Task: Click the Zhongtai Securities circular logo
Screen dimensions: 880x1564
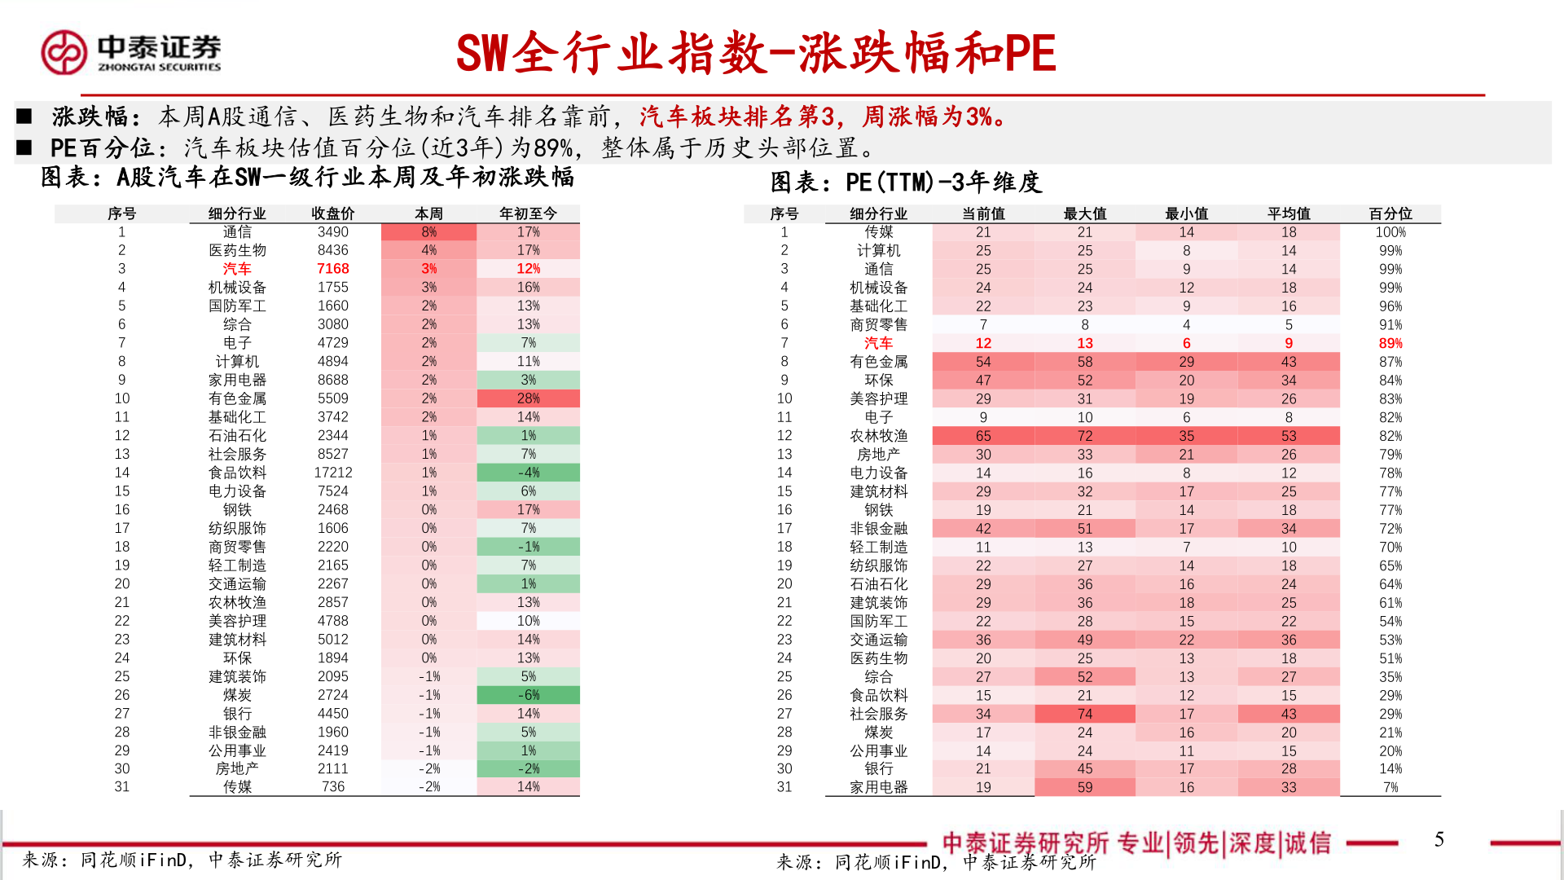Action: click(64, 52)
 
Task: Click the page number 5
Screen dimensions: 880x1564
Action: click(1439, 839)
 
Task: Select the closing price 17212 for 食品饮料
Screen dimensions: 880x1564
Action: click(332, 473)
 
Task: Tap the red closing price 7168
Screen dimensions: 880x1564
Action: click(332, 269)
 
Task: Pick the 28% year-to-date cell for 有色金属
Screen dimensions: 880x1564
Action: click(528, 398)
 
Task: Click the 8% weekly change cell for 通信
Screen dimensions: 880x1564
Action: click(428, 232)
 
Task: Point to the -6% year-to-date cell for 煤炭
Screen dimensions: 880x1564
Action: click(528, 695)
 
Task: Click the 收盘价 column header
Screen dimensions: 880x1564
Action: click(332, 213)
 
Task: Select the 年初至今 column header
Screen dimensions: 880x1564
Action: click(528, 213)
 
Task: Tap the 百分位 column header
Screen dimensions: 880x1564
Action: click(1390, 213)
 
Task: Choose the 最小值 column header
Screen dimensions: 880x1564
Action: click(1186, 213)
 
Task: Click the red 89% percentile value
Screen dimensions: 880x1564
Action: click(1390, 343)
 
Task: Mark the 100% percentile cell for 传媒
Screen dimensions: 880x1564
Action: click(1390, 232)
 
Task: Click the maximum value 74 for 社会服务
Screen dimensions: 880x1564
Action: click(1084, 714)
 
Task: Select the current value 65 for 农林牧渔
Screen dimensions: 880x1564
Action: click(983, 436)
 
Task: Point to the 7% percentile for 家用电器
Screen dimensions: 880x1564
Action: click(1390, 787)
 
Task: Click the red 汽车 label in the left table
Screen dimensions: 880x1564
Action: click(237, 269)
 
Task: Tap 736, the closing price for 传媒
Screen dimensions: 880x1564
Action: click(332, 786)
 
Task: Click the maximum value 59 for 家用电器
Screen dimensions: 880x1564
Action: click(1084, 787)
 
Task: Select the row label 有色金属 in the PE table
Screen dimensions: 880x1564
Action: click(878, 362)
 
